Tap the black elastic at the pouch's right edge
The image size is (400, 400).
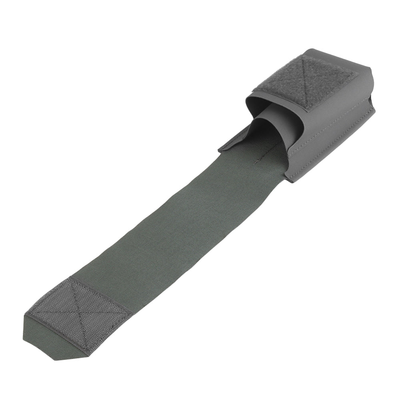374,102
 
